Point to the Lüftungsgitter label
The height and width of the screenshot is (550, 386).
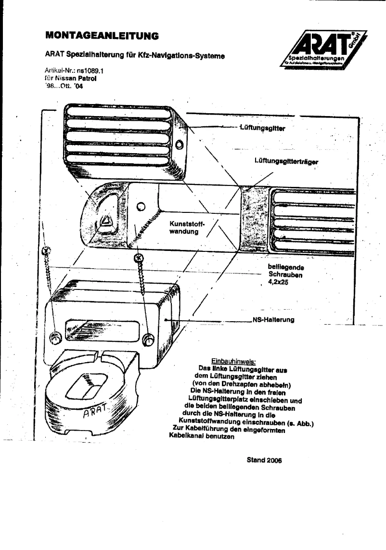pos(262,128)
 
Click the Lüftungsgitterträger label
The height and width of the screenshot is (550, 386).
pos(285,162)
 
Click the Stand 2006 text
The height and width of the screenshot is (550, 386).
pos(264,459)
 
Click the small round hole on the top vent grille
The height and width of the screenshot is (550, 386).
pos(180,145)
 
